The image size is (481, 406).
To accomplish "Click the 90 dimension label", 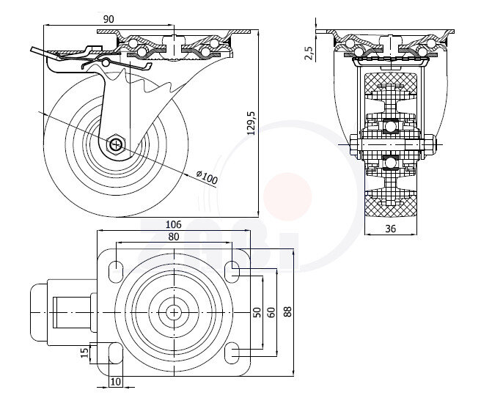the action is click(109, 19).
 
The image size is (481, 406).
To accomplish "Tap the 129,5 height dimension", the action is click(251, 123).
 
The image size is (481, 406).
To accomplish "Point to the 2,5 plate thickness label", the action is click(309, 53).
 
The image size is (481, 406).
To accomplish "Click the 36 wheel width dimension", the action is click(391, 229).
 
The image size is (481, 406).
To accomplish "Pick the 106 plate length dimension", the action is click(173, 224).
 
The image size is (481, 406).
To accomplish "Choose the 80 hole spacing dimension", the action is click(173, 237).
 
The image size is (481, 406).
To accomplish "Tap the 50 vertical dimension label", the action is click(257, 312).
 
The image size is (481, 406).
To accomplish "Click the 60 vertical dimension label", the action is click(272, 312).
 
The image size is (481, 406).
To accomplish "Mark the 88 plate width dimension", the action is click(288, 311).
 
